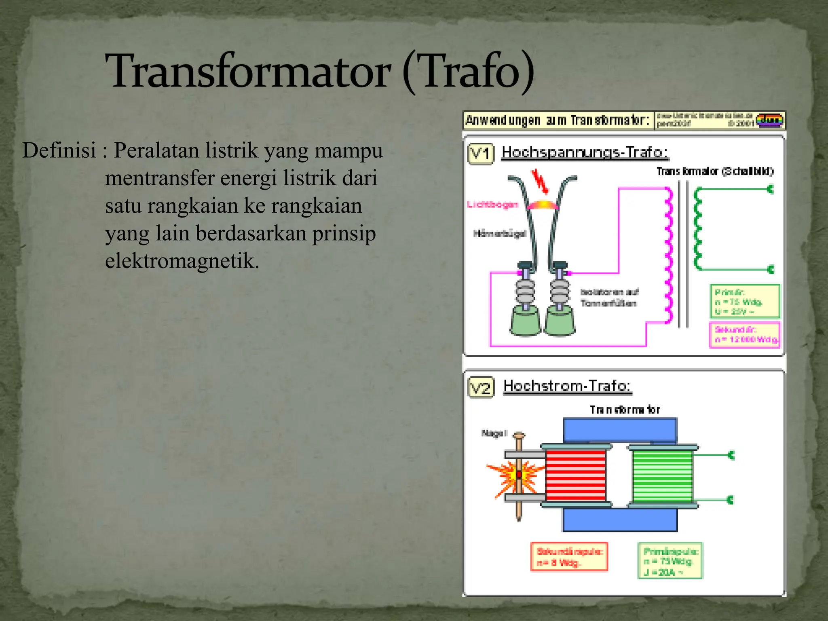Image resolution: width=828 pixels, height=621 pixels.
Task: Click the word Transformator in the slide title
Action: (247, 71)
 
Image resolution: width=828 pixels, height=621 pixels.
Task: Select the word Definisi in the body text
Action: (59, 150)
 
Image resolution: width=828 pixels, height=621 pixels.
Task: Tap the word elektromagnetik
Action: (182, 261)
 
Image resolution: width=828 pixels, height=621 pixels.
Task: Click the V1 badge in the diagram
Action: (480, 154)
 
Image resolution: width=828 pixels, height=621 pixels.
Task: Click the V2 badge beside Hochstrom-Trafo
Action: (480, 388)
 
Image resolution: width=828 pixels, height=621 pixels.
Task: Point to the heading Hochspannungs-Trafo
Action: (585, 152)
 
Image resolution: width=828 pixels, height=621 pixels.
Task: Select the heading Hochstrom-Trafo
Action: (567, 386)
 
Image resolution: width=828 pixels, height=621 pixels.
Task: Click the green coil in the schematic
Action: (698, 229)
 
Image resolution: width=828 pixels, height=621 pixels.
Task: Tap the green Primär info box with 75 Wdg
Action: (745, 302)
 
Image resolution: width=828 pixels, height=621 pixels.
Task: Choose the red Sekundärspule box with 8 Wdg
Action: (569, 557)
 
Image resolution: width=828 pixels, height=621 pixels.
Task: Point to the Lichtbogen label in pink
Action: (492, 205)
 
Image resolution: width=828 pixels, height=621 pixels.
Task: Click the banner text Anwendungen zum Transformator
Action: (558, 120)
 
